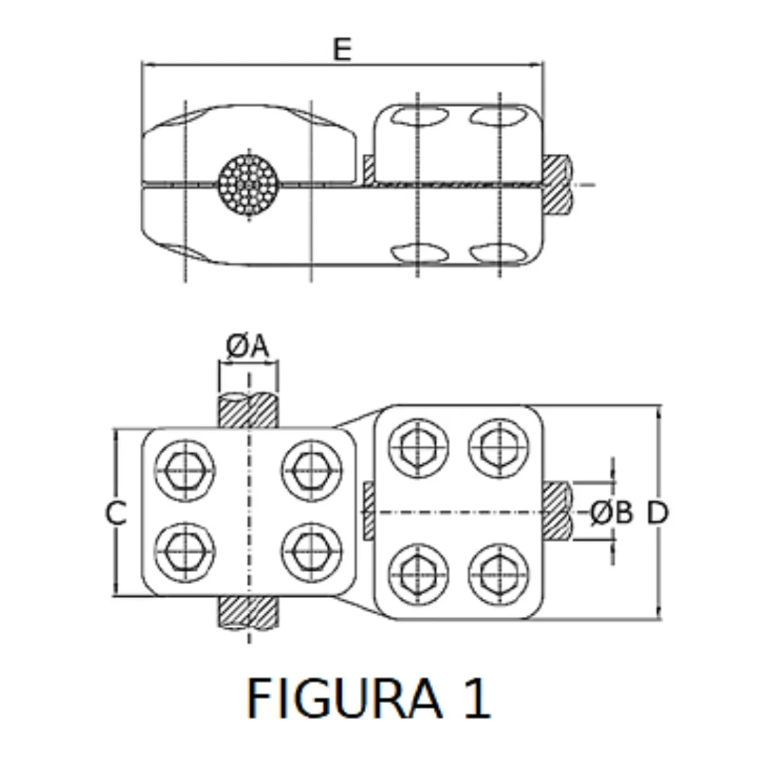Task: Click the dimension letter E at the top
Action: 342,51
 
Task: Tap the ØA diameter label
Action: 248,346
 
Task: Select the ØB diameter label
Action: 611,513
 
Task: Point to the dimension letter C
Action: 116,514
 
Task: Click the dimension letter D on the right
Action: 657,513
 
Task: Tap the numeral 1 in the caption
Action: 476,699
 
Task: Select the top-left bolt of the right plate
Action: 419,447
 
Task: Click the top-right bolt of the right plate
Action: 499,447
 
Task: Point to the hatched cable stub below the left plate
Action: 248,612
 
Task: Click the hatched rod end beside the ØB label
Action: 556,511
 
